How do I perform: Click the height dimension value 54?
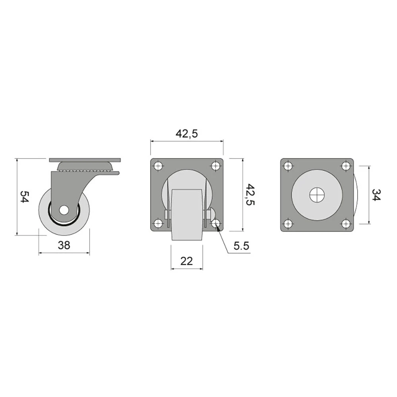[x=25, y=197]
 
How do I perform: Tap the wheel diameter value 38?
[x=64, y=245]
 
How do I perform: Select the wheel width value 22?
[x=187, y=261]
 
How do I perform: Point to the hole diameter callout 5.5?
[x=241, y=246]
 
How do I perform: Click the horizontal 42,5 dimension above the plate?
[x=187, y=134]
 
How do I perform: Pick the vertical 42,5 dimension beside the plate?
[x=251, y=195]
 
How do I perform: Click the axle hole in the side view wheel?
[x=64, y=210]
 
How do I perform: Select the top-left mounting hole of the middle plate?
[x=158, y=166]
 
